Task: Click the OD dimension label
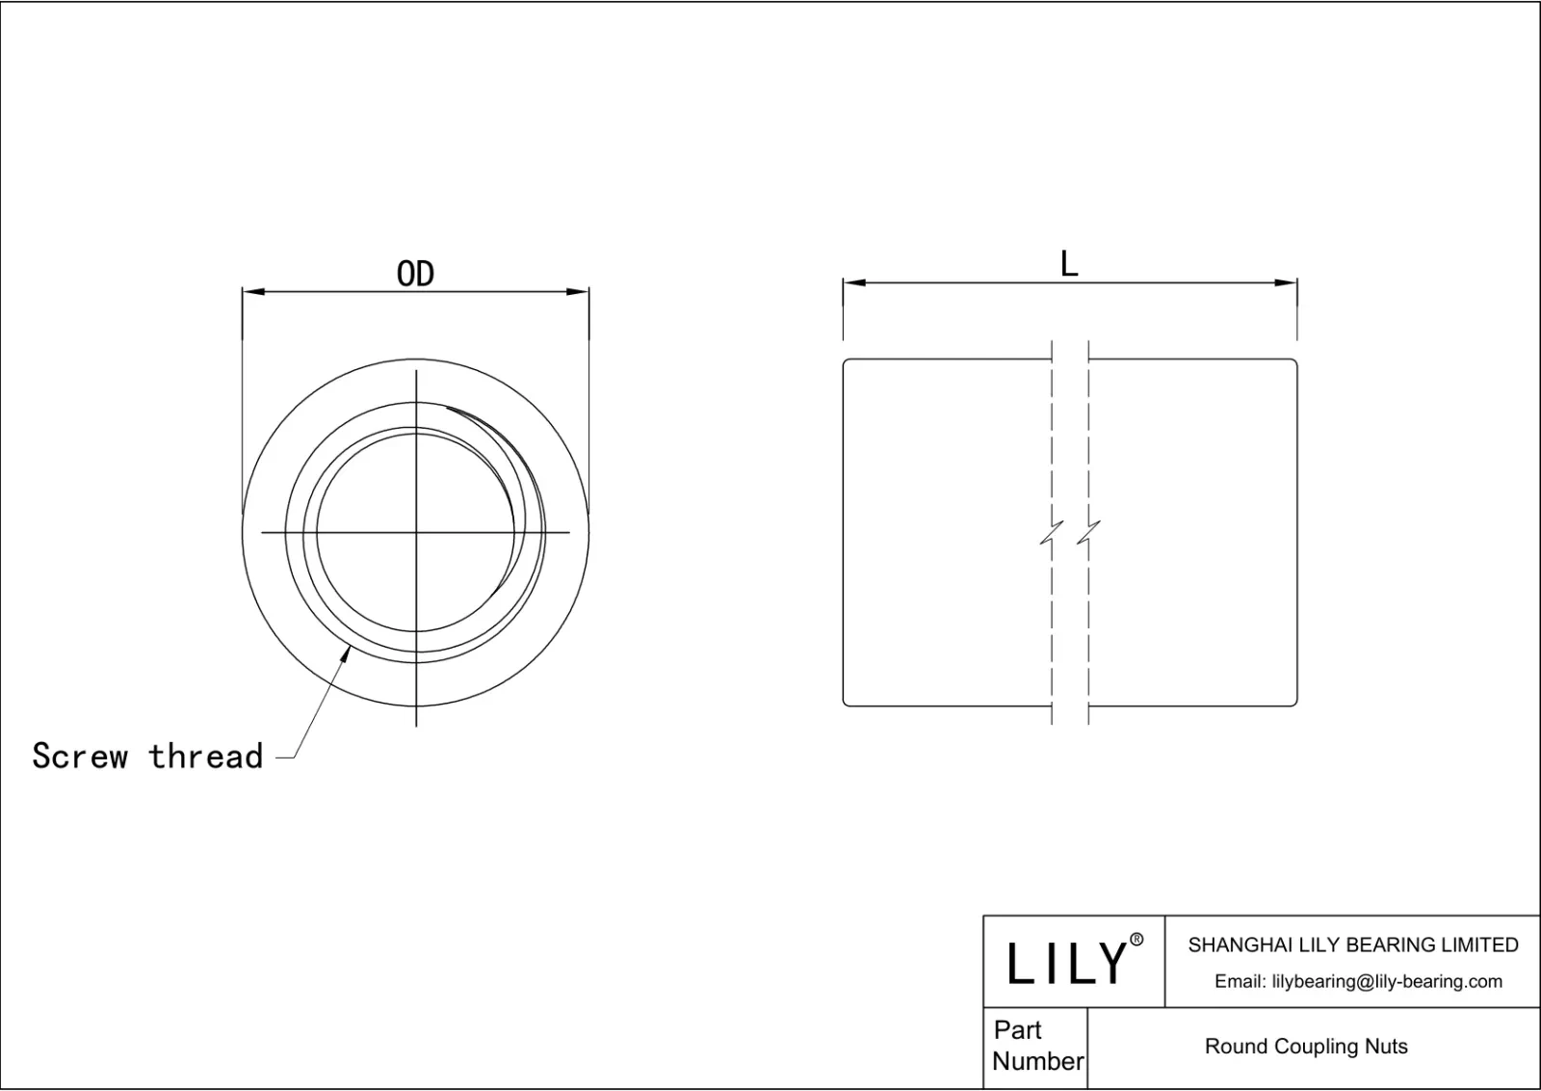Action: (415, 275)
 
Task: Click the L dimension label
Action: (1069, 264)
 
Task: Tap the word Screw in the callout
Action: (79, 757)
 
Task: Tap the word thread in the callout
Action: (205, 757)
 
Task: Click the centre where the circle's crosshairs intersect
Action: (416, 532)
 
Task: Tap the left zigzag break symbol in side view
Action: (1052, 533)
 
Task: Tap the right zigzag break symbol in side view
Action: (1088, 533)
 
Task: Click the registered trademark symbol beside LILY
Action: (1136, 940)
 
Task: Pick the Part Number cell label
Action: (1036, 1046)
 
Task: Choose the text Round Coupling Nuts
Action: (1306, 1047)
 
